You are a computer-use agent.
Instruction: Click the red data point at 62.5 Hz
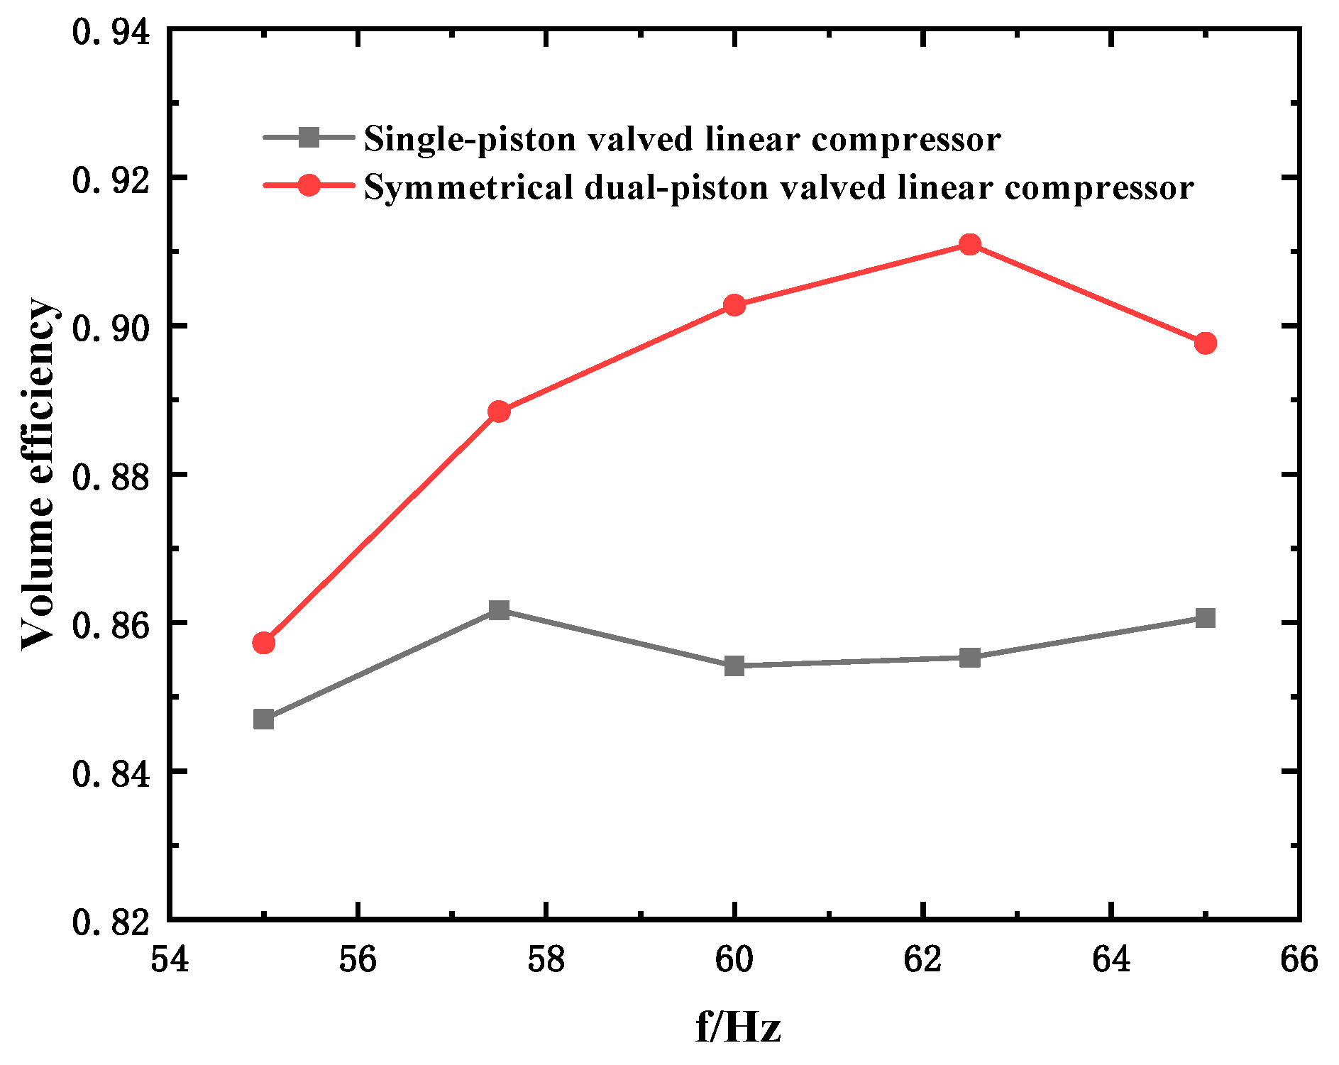969,245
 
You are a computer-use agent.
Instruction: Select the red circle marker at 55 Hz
263,643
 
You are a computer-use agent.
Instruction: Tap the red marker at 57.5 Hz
499,412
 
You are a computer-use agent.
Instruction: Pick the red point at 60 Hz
734,306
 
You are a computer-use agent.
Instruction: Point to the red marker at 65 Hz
1205,343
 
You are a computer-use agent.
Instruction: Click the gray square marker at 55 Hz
263,719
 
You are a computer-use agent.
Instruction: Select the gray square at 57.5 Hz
499,610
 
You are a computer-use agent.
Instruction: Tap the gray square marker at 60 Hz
734,666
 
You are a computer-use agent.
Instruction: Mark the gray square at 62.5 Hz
969,658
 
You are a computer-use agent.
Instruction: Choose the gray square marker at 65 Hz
1205,618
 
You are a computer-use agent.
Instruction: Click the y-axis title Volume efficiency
37,474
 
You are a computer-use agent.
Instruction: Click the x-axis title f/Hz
738,1027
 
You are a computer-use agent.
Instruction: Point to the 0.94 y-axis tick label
111,32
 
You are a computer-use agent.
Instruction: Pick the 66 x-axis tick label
1299,959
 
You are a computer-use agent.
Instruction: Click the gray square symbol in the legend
309,137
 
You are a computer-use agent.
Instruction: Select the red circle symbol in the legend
309,186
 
